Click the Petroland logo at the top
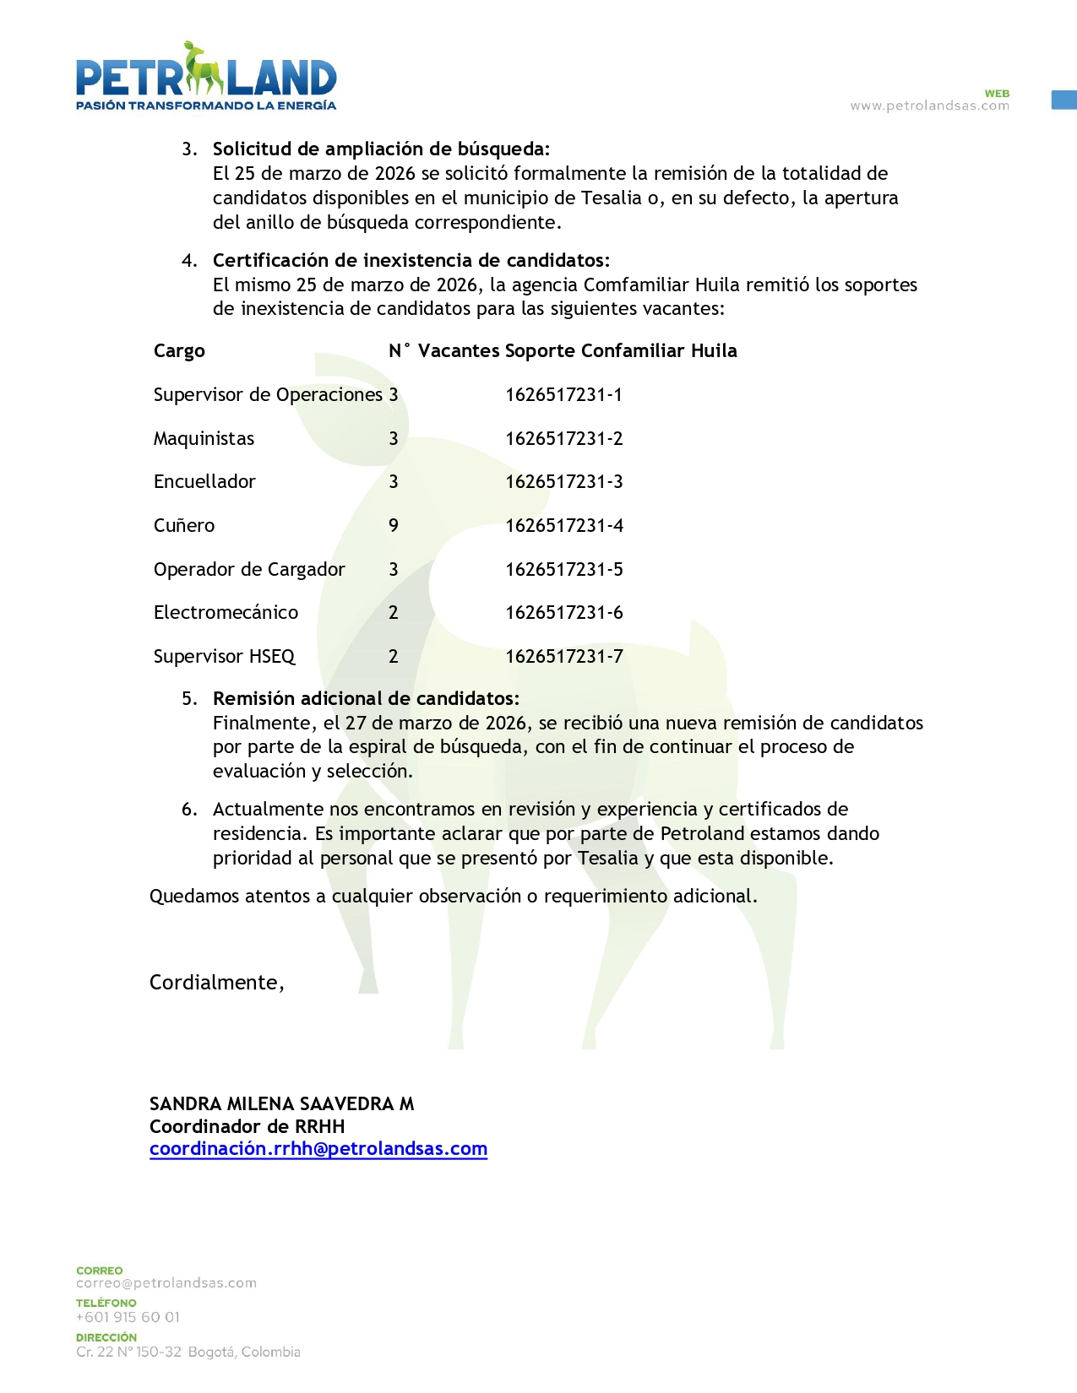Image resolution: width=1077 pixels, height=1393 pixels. (x=206, y=77)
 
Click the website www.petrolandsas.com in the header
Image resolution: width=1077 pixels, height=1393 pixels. (x=929, y=106)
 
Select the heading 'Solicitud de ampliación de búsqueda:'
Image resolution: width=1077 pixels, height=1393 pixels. (x=381, y=149)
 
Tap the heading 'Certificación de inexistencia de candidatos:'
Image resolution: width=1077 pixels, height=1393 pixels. (x=411, y=260)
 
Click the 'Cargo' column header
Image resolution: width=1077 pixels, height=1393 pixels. (x=179, y=351)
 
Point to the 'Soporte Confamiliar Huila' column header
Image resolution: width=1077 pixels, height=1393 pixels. (x=621, y=351)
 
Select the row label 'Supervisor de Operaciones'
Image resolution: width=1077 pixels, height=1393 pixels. (x=268, y=395)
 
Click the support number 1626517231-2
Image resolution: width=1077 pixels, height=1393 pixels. (x=564, y=439)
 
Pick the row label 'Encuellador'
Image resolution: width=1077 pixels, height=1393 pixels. (x=204, y=482)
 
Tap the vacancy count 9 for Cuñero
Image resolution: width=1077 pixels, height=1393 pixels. (x=394, y=526)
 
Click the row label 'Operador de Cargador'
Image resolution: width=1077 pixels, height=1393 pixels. (x=249, y=570)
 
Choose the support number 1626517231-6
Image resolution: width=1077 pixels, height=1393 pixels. (x=564, y=613)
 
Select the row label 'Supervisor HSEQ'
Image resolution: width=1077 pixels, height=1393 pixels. (x=224, y=657)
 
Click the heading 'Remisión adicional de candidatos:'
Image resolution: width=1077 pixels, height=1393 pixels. (x=366, y=699)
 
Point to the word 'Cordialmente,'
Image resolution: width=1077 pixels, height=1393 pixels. (x=217, y=983)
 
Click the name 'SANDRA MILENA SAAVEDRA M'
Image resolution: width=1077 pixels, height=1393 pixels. (x=281, y=1104)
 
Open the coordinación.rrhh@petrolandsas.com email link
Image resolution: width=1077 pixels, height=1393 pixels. (x=318, y=1149)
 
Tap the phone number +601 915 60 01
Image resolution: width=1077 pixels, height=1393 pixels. (x=128, y=1317)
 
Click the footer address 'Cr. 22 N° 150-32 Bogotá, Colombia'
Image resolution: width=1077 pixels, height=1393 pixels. (x=188, y=1352)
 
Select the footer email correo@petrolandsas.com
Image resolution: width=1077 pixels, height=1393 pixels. (x=166, y=1283)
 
